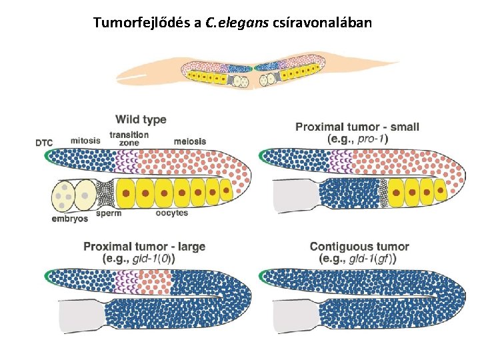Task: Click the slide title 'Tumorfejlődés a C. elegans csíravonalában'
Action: [233, 23]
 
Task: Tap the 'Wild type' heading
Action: [141, 120]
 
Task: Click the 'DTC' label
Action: [44, 142]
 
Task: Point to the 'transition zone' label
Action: [129, 139]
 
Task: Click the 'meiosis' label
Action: [190, 141]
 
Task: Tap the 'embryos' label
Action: [69, 219]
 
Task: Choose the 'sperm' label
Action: [109, 214]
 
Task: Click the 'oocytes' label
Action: [172, 214]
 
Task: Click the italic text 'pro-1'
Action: [373, 139]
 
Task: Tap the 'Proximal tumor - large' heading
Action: [143, 247]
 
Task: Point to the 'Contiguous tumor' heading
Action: [359, 247]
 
